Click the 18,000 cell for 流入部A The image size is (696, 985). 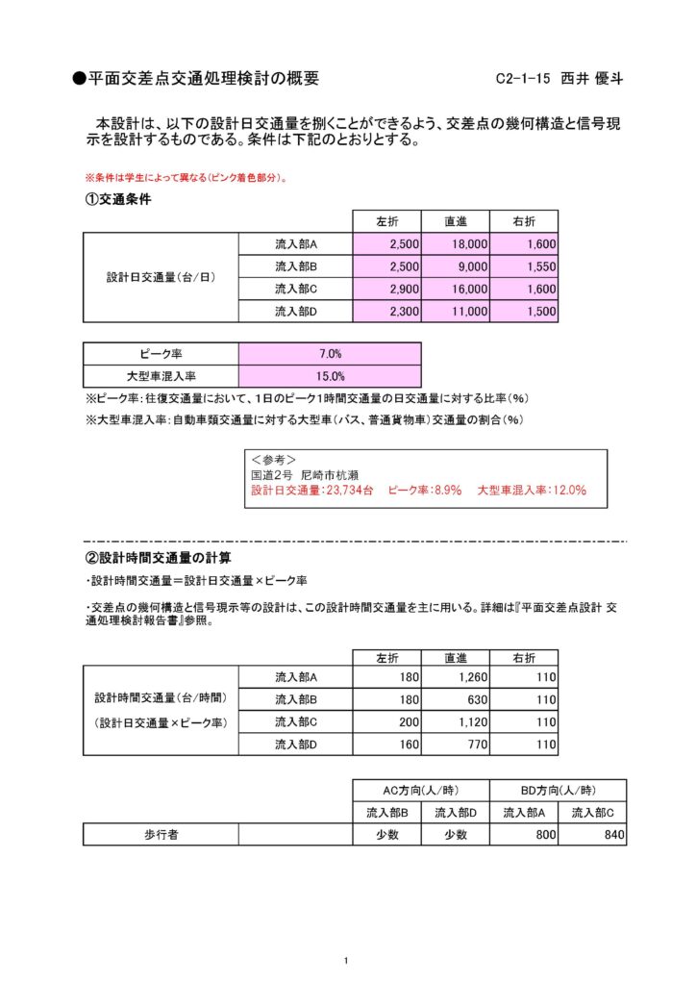(456, 244)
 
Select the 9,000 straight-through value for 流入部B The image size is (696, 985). (456, 266)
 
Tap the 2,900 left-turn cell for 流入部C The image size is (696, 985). (387, 289)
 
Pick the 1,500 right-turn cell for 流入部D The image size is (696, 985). (524, 312)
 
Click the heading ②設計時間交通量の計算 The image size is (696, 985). (159, 558)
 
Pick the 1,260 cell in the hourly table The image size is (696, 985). (456, 678)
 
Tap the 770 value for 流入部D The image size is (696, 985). (456, 745)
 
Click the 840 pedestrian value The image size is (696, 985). (592, 835)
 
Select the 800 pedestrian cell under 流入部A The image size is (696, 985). (524, 835)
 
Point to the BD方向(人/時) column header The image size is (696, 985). (558, 790)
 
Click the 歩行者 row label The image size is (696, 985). (162, 835)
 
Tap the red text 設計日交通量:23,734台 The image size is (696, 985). (312, 490)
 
